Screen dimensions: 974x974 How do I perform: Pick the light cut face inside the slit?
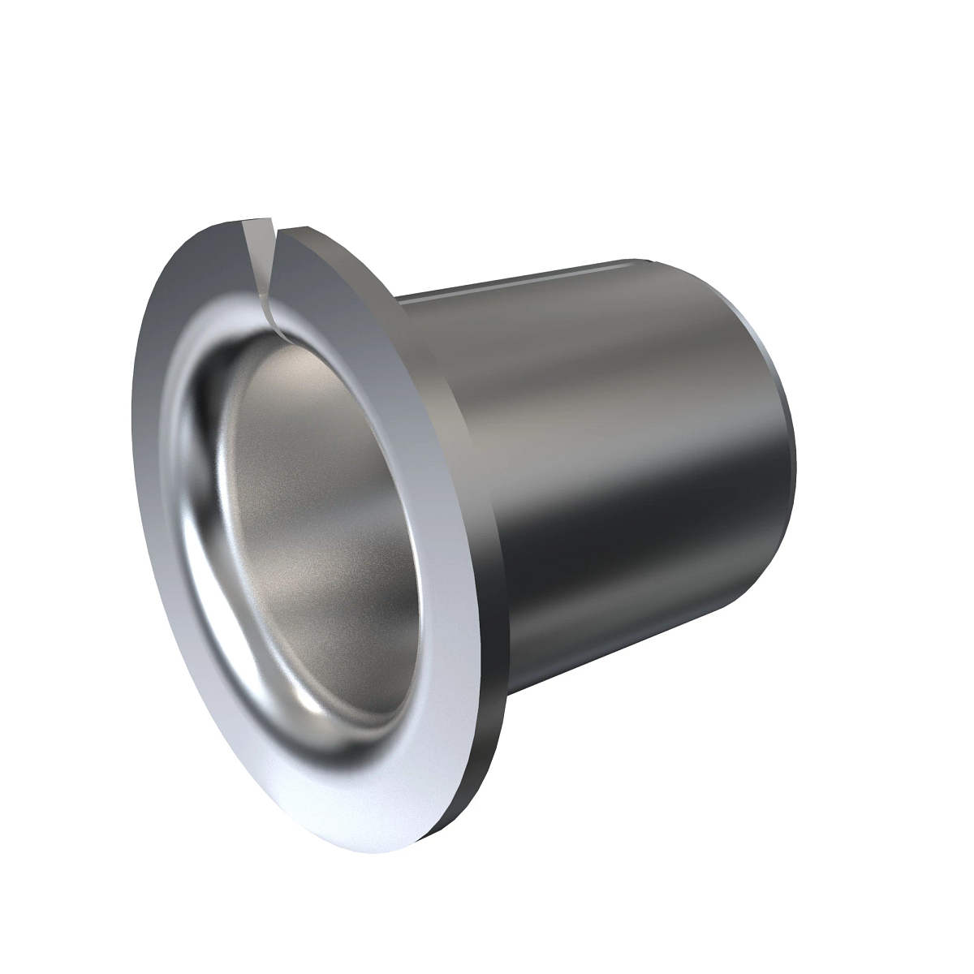point(261,268)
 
